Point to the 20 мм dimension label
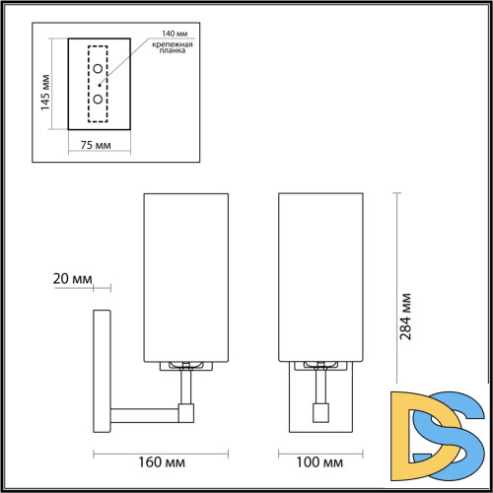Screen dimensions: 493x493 pyautogui.click(x=71, y=279)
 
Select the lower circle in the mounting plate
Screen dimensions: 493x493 pyautogui.click(x=99, y=100)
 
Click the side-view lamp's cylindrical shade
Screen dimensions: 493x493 pyautogui.click(x=186, y=276)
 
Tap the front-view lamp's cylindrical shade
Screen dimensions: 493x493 pyautogui.click(x=321, y=276)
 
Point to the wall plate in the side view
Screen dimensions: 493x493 pyautogui.click(x=100, y=370)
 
